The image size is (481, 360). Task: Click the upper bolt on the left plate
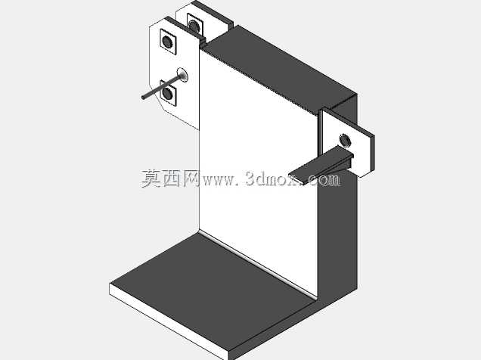[x=167, y=42]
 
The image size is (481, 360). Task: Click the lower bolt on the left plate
[x=168, y=93]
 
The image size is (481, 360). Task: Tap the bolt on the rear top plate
[x=194, y=26]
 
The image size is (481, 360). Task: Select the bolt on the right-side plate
[x=346, y=140]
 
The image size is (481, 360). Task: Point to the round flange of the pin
[x=182, y=75]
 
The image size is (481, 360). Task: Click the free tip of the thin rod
[x=143, y=98]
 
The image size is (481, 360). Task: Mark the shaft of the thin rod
[x=162, y=87]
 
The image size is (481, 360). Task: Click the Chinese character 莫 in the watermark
[x=151, y=178]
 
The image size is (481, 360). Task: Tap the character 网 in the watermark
[x=192, y=178]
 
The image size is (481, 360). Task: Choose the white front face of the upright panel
[x=259, y=172]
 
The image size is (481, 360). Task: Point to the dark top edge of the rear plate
[x=212, y=14]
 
